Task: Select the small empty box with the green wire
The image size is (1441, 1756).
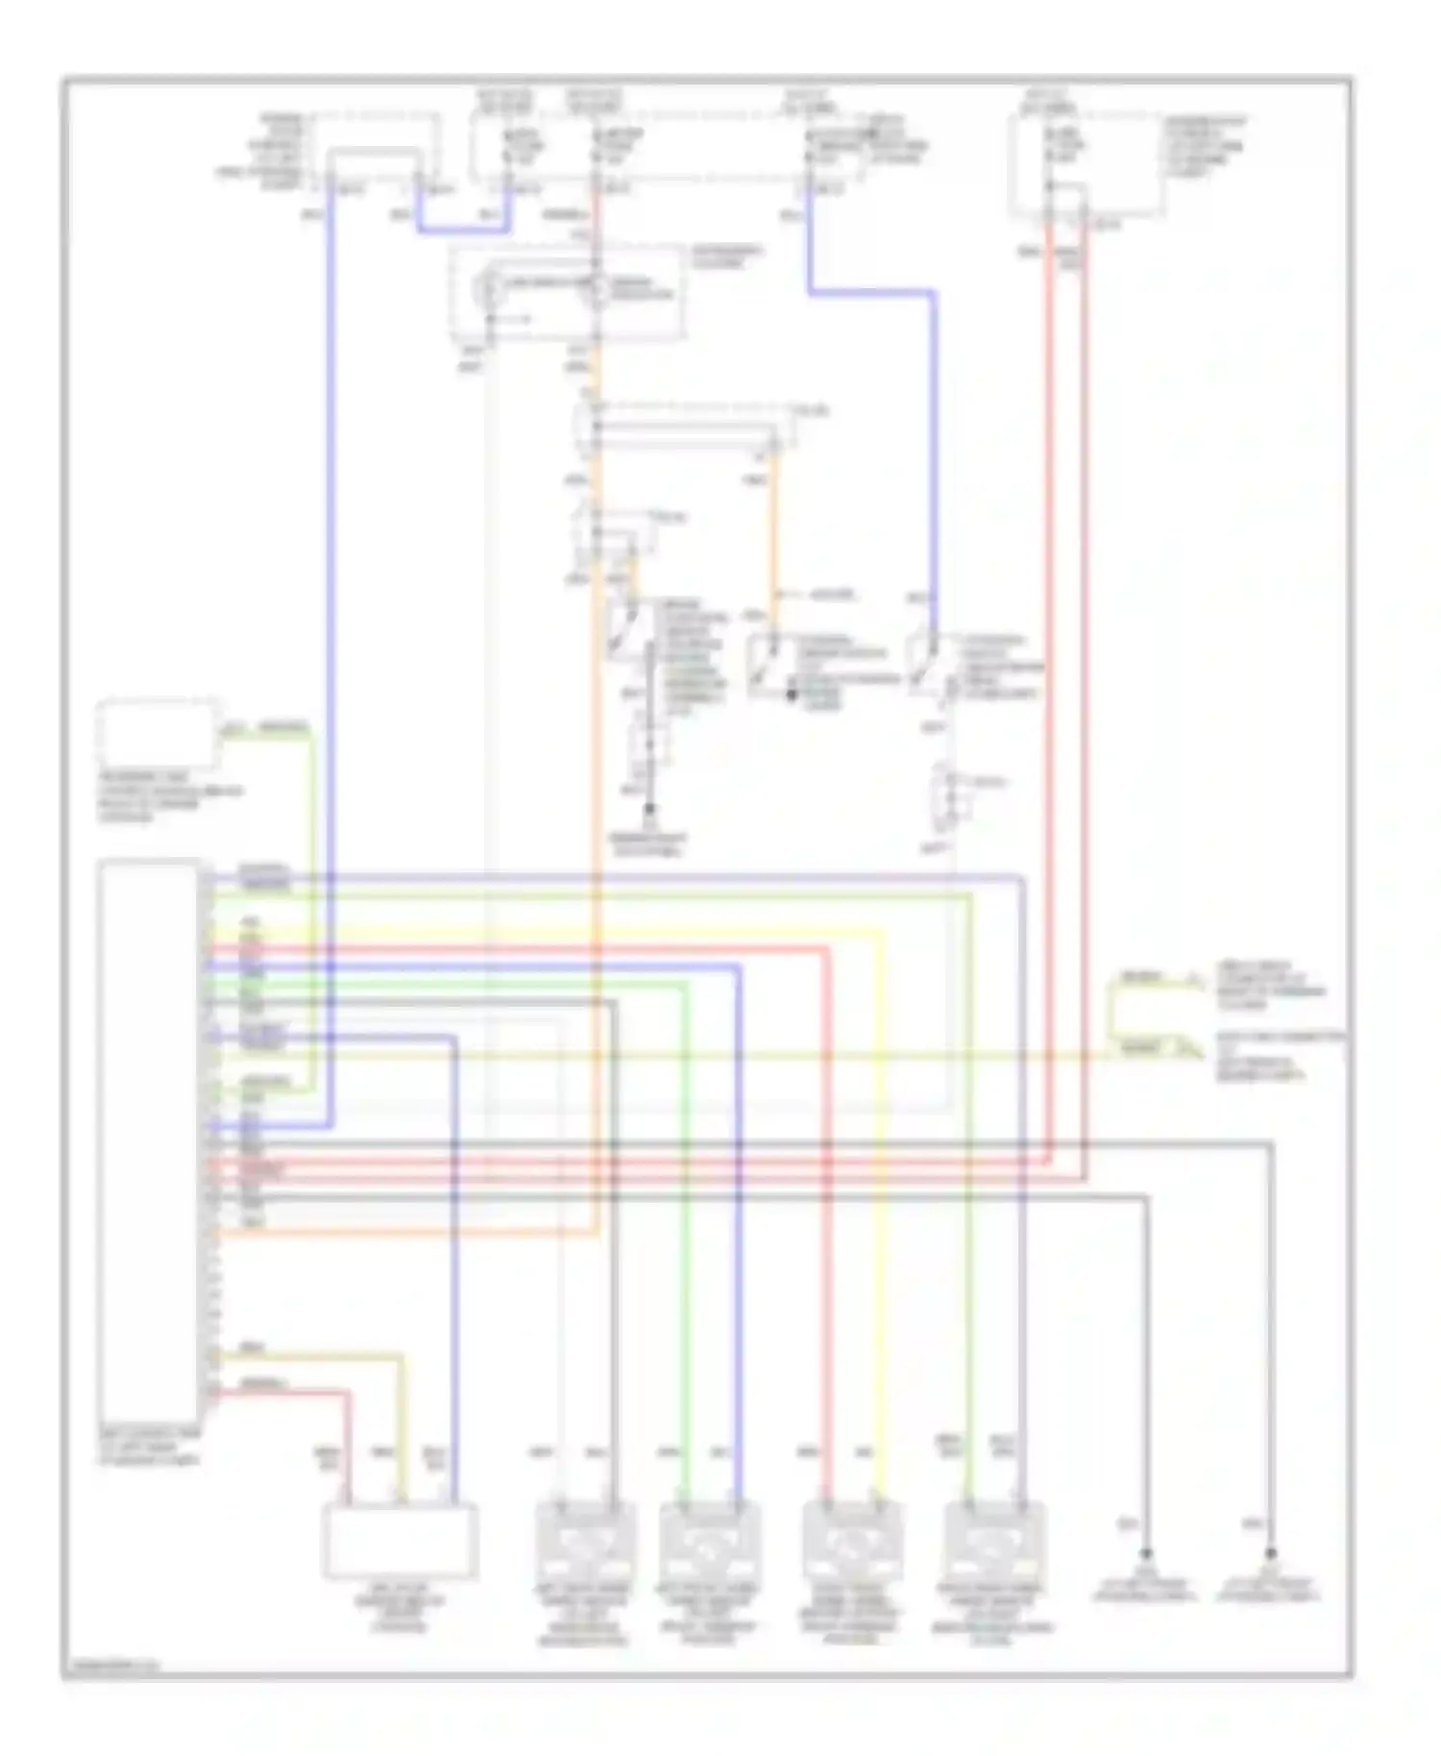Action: coord(158,736)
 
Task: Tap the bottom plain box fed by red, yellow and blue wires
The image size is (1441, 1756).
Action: coord(400,1542)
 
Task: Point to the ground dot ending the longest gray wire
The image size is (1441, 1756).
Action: coord(1270,1553)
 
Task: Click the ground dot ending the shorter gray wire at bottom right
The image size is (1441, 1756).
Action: coord(1145,1553)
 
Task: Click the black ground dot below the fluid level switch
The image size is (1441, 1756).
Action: coord(649,810)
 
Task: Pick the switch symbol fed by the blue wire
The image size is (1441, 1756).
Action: coord(930,663)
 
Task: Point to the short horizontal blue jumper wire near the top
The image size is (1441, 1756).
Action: coord(463,231)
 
